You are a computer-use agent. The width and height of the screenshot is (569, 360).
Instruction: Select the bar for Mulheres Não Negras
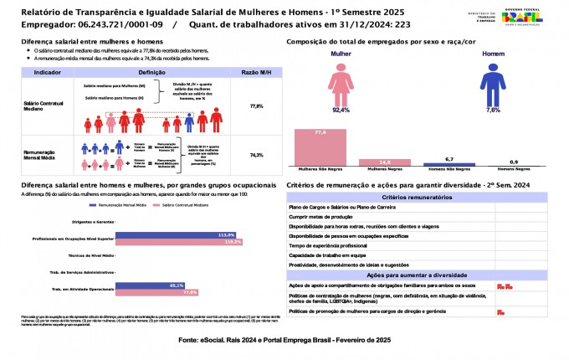pyautogui.click(x=319, y=147)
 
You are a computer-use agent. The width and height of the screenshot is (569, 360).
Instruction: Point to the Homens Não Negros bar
pyautogui.click(x=449, y=164)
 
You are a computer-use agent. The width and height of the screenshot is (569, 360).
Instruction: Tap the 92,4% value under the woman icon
pyautogui.click(x=341, y=110)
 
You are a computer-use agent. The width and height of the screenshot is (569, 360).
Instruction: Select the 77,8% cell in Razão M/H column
pyautogui.click(x=257, y=107)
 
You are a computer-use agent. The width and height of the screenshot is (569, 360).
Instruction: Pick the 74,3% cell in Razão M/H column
pyautogui.click(x=257, y=156)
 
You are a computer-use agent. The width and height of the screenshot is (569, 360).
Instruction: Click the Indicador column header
pyautogui.click(x=47, y=74)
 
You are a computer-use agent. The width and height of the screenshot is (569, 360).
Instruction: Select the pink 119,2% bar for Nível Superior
pyautogui.click(x=178, y=241)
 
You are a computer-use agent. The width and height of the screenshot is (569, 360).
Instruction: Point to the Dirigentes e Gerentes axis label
pyautogui.click(x=93, y=222)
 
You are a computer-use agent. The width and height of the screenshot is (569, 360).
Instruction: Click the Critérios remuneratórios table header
pyautogui.click(x=417, y=197)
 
